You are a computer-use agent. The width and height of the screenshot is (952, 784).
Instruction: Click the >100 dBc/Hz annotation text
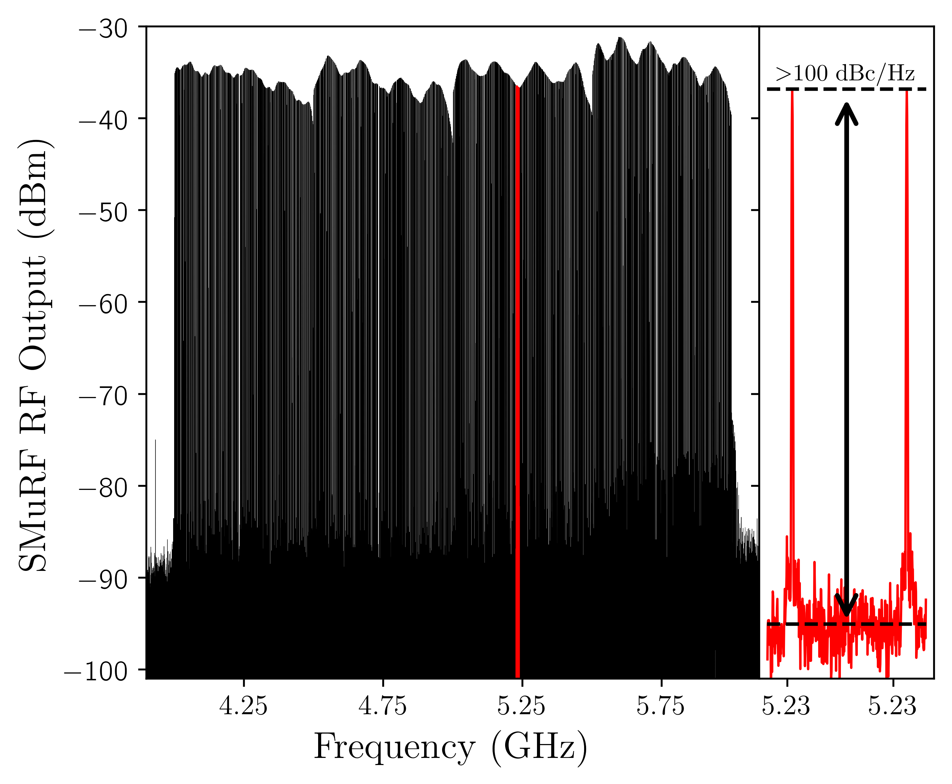[x=845, y=74]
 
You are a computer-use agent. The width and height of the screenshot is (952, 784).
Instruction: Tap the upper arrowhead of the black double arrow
[x=846, y=111]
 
